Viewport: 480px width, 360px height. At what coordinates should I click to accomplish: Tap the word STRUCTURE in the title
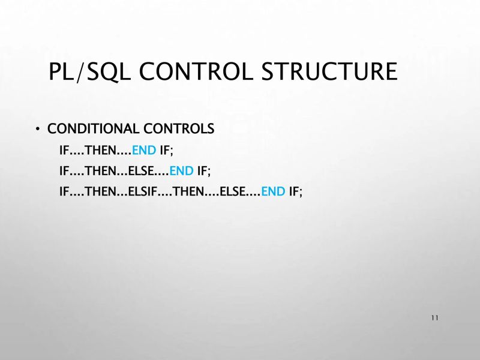click(329, 71)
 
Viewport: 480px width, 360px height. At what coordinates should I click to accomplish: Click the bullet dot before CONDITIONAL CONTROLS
click(37, 130)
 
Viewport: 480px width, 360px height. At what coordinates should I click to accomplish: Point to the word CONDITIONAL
click(86, 129)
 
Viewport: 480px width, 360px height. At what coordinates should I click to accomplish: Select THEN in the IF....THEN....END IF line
click(101, 150)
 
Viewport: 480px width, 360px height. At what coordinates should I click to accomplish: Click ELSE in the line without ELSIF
click(142, 171)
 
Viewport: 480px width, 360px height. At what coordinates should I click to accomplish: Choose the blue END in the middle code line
click(182, 171)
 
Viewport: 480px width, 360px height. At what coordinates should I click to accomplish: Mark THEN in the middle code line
click(101, 171)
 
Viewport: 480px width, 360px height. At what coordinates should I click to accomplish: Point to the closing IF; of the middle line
click(204, 171)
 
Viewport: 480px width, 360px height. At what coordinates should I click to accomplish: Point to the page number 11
click(434, 317)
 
